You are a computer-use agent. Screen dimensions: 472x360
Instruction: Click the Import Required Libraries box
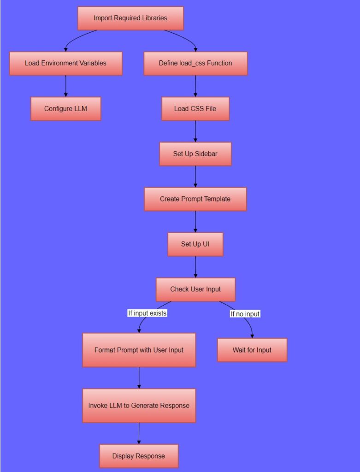click(130, 18)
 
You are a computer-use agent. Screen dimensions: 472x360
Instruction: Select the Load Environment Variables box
click(65, 63)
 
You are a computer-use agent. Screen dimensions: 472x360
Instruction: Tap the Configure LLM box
click(65, 109)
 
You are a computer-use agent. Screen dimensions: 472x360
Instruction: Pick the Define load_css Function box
click(195, 63)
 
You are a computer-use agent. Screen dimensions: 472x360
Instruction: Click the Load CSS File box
click(195, 109)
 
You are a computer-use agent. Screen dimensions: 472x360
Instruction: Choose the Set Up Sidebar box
click(195, 153)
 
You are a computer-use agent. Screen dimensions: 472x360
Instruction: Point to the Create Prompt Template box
click(195, 199)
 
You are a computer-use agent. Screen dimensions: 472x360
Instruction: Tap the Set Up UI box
click(195, 244)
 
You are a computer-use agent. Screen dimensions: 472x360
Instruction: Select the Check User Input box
click(195, 289)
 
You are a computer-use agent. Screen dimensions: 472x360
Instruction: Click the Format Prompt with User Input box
click(139, 350)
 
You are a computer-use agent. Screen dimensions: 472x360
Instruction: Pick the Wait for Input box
click(252, 350)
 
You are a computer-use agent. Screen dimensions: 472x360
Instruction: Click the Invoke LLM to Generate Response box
click(139, 406)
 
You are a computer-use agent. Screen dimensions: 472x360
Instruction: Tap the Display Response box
click(138, 456)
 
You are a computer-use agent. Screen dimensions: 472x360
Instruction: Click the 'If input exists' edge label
click(147, 313)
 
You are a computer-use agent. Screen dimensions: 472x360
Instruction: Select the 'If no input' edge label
click(245, 314)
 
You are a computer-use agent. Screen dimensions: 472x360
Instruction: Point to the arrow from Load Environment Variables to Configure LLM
click(65, 86)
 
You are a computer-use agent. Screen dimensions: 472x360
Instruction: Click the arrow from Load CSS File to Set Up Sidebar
click(195, 131)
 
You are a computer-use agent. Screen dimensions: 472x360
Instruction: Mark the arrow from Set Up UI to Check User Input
click(195, 267)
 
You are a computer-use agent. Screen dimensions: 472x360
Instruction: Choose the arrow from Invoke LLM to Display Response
click(139, 433)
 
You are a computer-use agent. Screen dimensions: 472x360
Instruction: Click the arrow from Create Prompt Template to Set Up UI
click(195, 222)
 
